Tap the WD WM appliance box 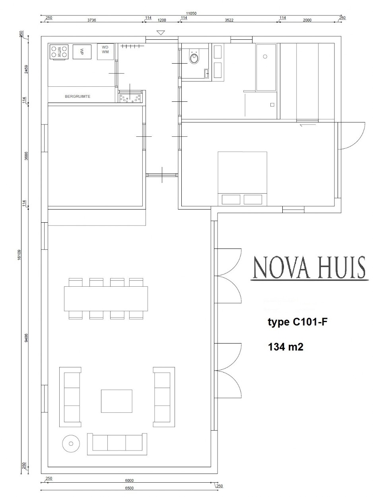coord(105,52)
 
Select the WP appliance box coord(82,52)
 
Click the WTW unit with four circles coord(59,52)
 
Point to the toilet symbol coord(194,58)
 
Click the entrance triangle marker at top coord(161,33)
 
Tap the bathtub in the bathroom coord(266,67)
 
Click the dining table coord(106,299)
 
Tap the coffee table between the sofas coord(117,401)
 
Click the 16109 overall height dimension coord(19,255)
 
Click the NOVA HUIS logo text coord(309,268)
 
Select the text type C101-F coord(298,322)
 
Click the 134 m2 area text coord(286,347)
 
